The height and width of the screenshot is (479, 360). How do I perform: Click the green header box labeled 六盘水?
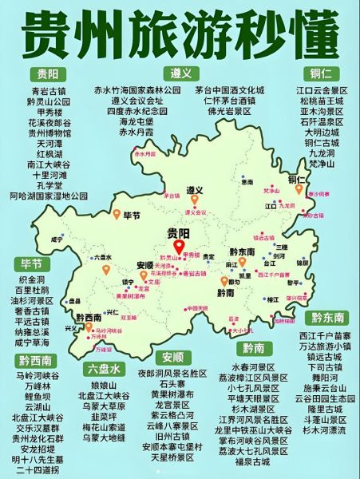(x=105, y=368)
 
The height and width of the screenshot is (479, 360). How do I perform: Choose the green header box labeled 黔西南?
(x=35, y=359)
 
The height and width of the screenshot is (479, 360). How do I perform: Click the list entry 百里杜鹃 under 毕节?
(x=33, y=291)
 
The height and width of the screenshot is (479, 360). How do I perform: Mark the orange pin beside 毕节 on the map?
(x=117, y=215)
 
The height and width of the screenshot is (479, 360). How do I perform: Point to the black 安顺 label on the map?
(x=145, y=265)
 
